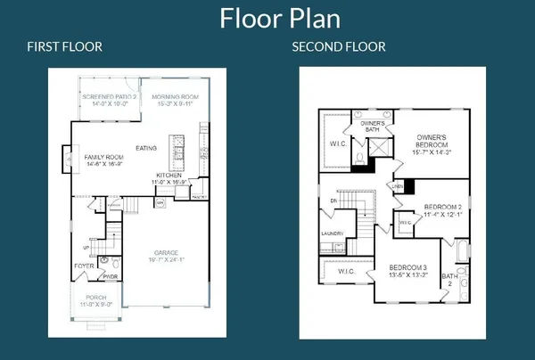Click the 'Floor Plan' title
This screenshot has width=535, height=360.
(x=267, y=19)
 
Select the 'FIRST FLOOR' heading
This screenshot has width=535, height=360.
(x=64, y=46)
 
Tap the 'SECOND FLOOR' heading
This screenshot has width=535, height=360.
(x=339, y=46)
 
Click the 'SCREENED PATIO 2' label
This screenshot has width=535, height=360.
(x=109, y=96)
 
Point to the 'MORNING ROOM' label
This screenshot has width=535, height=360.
(x=174, y=96)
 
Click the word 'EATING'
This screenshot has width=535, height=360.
(x=146, y=148)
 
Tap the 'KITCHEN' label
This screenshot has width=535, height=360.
(x=169, y=176)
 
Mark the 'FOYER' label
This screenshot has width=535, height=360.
(x=84, y=265)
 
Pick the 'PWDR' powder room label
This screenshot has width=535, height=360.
(x=111, y=276)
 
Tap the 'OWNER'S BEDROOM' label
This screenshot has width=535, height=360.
(x=436, y=140)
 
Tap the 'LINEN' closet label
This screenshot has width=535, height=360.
(x=398, y=185)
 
